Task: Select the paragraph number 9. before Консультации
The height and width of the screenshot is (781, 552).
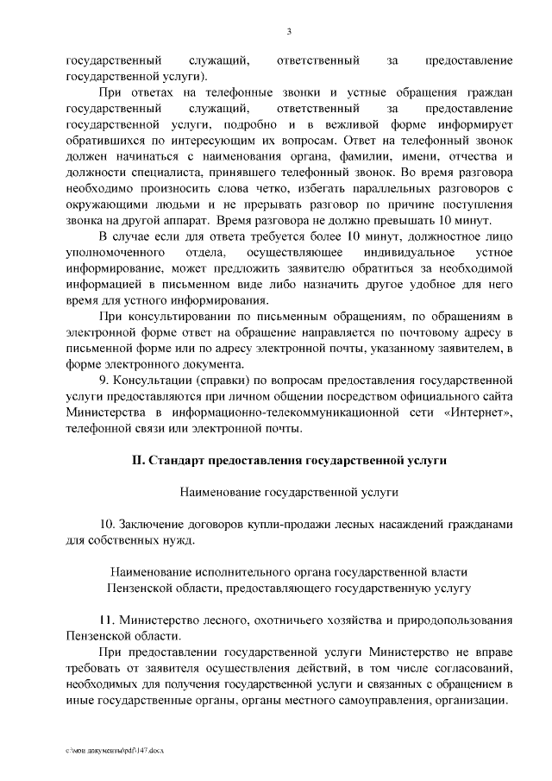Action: [x=105, y=379]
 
